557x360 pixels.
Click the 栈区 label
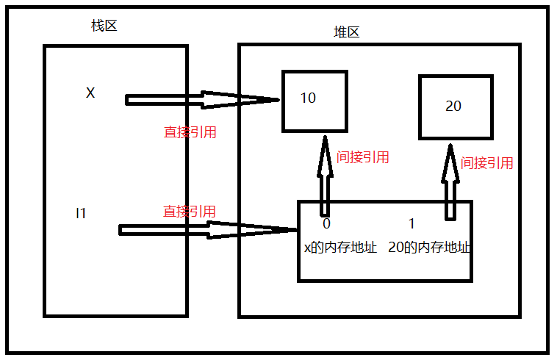[x=104, y=26]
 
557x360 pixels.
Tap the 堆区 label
[x=346, y=33]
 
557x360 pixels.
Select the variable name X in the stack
[x=90, y=93]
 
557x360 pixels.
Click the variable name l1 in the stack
[x=81, y=213]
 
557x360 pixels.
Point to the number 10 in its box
[x=308, y=98]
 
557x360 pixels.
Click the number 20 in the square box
[x=453, y=107]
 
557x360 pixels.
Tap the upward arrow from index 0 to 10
[x=325, y=176]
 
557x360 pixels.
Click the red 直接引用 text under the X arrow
[x=190, y=133]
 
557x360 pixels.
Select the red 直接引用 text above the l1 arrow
[x=190, y=212]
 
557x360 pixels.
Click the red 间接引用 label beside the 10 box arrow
[x=362, y=157]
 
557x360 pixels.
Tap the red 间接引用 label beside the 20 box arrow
[x=486, y=163]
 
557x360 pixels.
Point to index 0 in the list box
[x=326, y=223]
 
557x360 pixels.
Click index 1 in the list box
[x=412, y=223]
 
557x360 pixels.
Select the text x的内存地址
[x=340, y=248]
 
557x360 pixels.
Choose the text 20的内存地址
[x=428, y=248]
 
